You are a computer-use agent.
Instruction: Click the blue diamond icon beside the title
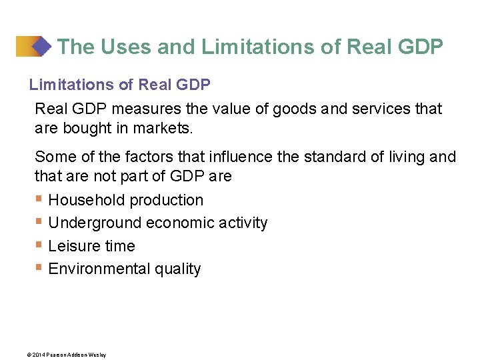pyautogui.click(x=41, y=47)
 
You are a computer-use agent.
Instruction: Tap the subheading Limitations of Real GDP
pyautogui.click(x=120, y=85)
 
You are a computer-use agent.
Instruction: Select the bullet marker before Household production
pyautogui.click(x=39, y=199)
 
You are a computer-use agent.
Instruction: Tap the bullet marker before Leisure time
pyautogui.click(x=39, y=245)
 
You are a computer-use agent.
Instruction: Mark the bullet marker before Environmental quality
pyautogui.click(x=39, y=268)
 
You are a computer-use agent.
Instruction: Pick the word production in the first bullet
pyautogui.click(x=167, y=200)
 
